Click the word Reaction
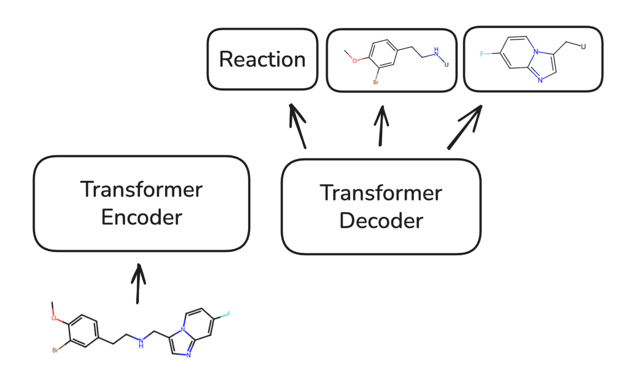[262, 59]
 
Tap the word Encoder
[142, 217]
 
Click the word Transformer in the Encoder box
[142, 190]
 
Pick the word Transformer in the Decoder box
[381, 193]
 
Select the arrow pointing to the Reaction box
[297, 125]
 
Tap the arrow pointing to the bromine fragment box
[382, 125]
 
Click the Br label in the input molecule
[55, 350]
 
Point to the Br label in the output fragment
[375, 82]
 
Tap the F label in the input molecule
[229, 315]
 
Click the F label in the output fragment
[482, 54]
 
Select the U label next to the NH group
[447, 64]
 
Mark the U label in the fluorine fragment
[583, 46]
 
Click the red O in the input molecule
[54, 318]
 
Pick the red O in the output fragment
[354, 60]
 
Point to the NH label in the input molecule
[141, 342]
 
